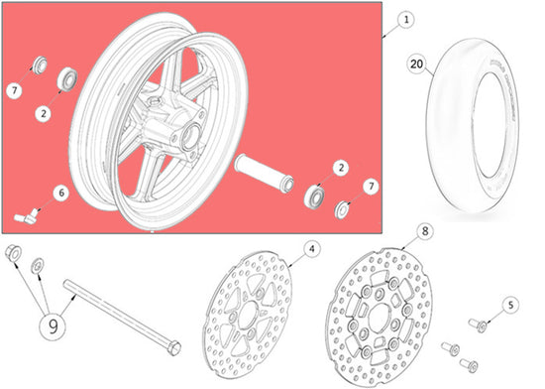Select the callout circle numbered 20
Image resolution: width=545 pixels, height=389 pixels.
[418, 62]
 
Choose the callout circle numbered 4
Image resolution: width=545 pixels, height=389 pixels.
[310, 249]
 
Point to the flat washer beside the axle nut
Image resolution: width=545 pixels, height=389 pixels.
[38, 263]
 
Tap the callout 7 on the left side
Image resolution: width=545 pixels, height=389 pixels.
[14, 92]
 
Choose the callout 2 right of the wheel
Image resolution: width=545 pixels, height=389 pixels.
[339, 169]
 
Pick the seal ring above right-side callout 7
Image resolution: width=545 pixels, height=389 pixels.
[344, 209]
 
